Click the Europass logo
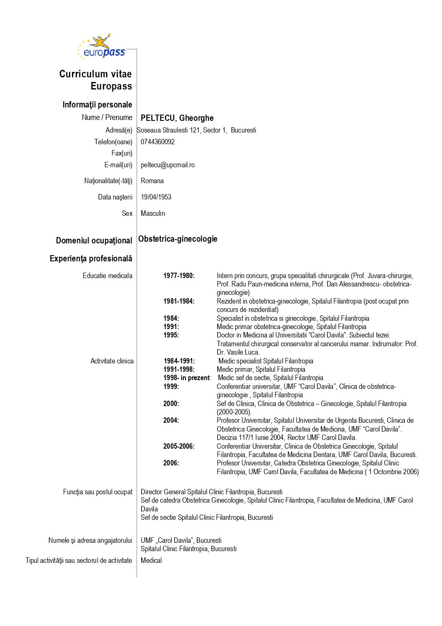point(102,47)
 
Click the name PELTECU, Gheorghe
point(177,118)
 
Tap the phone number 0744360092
point(157,142)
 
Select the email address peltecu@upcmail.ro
point(168,165)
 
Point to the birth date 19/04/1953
point(156,197)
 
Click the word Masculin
point(152,213)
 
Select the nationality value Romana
point(152,181)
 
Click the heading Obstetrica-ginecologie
point(178,239)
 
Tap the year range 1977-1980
point(179,276)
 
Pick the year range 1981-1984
point(179,301)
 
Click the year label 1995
point(171,335)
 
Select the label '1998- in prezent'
point(187,378)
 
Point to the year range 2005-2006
point(179,446)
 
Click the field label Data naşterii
point(115,197)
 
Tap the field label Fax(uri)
point(122,153)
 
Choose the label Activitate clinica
point(112,361)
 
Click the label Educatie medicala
point(107,276)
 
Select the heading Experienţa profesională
point(91,258)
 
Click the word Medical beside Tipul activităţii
point(151,560)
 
